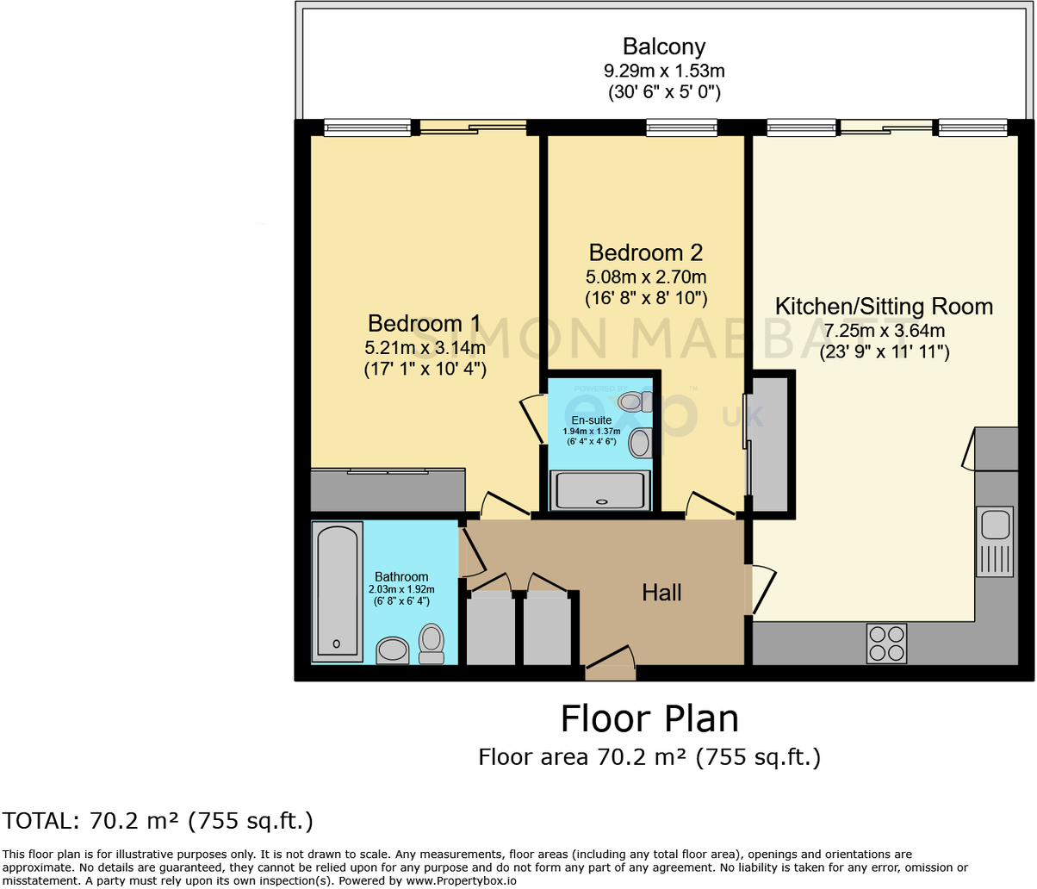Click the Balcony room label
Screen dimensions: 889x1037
pyautogui.click(x=663, y=47)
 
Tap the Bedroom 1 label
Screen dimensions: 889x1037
pyautogui.click(x=424, y=323)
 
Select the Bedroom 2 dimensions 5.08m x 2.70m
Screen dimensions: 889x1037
pyautogui.click(x=646, y=277)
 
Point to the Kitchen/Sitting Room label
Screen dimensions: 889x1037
pyautogui.click(x=884, y=307)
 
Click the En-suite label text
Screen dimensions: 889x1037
pyautogui.click(x=591, y=420)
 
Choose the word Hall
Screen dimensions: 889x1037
pyautogui.click(x=661, y=593)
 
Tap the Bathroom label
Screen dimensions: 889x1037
pyautogui.click(x=401, y=577)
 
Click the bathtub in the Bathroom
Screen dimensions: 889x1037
pyautogui.click(x=337, y=591)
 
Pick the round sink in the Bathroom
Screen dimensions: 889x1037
pyautogui.click(x=394, y=650)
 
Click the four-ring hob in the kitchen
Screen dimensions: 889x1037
pyautogui.click(x=886, y=643)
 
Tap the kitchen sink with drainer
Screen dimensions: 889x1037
pyautogui.click(x=995, y=542)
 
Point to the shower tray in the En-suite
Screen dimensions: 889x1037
pyautogui.click(x=599, y=490)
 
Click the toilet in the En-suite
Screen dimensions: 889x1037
pyautogui.click(x=636, y=401)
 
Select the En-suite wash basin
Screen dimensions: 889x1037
pyautogui.click(x=640, y=443)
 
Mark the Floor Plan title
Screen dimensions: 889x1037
pyautogui.click(x=649, y=718)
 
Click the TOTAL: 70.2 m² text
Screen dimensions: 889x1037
pyautogui.click(x=158, y=821)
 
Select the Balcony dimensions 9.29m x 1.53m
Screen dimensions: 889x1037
pyautogui.click(x=663, y=71)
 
